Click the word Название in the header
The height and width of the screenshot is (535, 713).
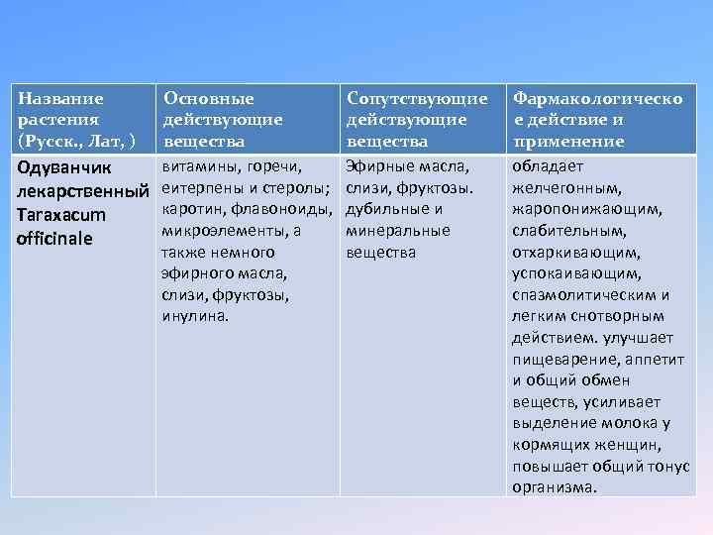(61, 99)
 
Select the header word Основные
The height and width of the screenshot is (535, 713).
(209, 99)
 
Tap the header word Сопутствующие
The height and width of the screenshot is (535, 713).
(417, 99)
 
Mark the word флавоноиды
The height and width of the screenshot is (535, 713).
(288, 209)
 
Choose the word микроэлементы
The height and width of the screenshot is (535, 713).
(221, 230)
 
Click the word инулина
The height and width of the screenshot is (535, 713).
(195, 317)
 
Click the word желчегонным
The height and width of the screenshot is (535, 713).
(567, 187)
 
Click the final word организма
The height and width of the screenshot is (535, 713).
(555, 487)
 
